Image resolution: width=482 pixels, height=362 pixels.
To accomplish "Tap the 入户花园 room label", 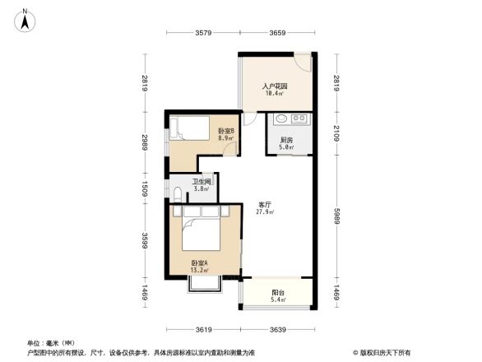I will pyautogui.click(x=275, y=86).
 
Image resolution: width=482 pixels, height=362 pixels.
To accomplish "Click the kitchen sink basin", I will pyautogui.click(x=280, y=118).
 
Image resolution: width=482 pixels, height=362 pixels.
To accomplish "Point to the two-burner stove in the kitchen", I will pyautogui.click(x=300, y=118).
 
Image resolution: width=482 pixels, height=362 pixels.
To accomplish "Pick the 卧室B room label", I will pyautogui.click(x=226, y=132).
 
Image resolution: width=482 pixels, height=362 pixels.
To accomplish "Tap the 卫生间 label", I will pyautogui.click(x=202, y=182).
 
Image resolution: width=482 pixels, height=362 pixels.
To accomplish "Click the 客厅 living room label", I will pyautogui.click(x=266, y=205).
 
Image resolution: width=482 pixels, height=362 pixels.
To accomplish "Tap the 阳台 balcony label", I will pyautogui.click(x=279, y=292).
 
